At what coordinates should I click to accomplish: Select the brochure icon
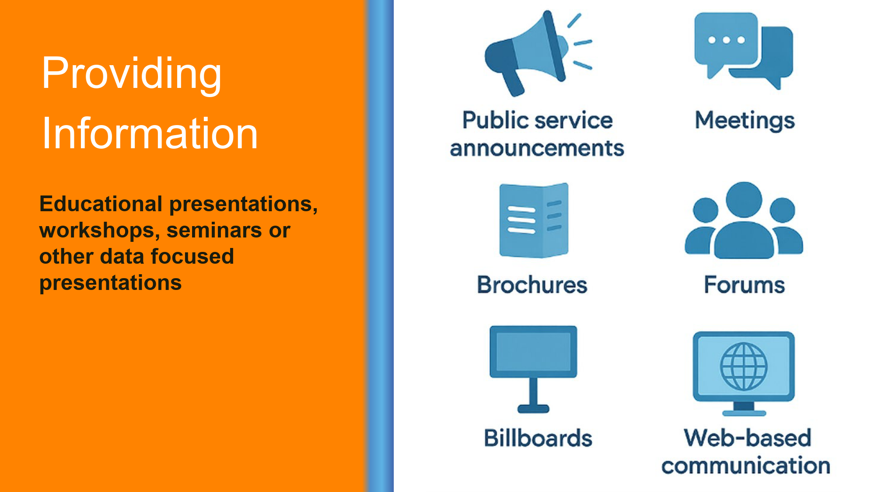point(534,220)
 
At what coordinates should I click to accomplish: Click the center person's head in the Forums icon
point(744,200)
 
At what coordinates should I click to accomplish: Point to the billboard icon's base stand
point(533,408)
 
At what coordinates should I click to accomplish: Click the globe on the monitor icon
point(744,366)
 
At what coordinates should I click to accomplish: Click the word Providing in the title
point(131,74)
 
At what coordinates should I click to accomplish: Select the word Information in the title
point(150,133)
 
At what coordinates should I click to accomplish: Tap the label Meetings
point(745,121)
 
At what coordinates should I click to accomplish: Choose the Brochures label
point(532,285)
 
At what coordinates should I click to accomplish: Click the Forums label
point(744,285)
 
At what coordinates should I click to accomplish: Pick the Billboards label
point(538,438)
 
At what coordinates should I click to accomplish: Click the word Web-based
point(748,438)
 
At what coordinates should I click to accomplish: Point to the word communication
point(746,465)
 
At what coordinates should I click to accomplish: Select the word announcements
point(537,148)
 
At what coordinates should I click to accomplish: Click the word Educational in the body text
point(101,204)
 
